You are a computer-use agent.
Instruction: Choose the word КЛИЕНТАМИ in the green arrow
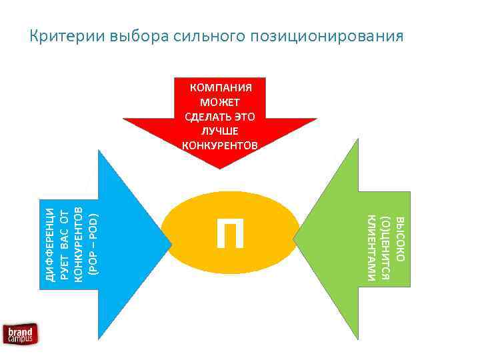[371, 247]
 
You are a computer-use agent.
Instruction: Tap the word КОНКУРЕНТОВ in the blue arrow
[78, 243]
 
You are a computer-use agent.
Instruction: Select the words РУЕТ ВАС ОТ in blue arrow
[64, 243]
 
